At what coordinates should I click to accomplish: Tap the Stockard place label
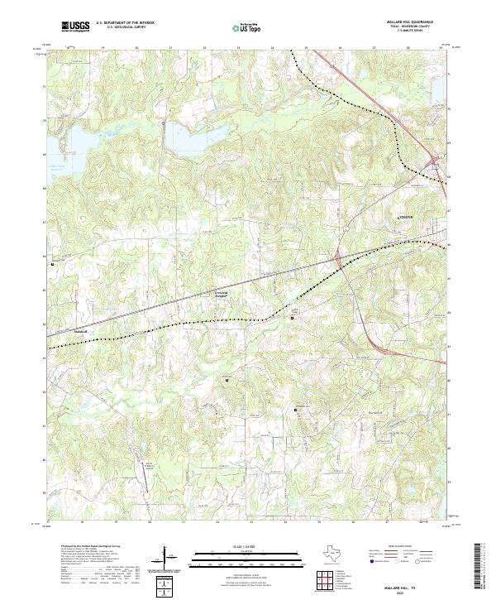[x=80, y=333]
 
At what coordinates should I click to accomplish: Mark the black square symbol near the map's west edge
[x=53, y=265]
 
